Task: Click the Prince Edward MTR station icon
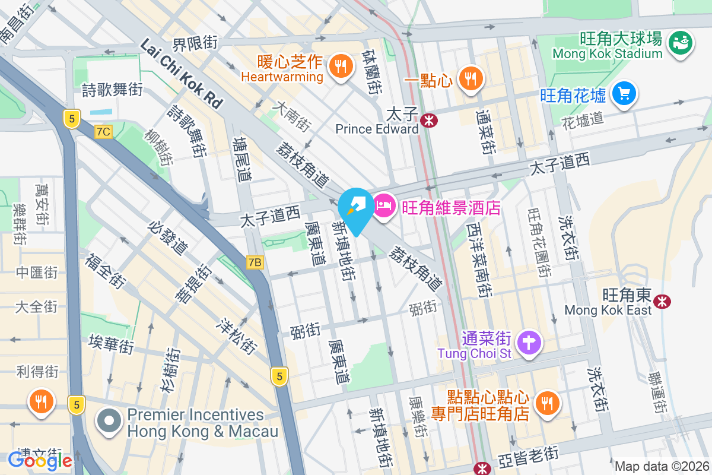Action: tap(428, 121)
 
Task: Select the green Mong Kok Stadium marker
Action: tap(681, 42)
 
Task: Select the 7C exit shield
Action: tap(103, 131)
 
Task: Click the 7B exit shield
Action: tap(255, 262)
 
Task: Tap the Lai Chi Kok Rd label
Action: tap(182, 74)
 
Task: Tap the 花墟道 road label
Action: tap(582, 119)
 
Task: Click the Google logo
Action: tap(40, 460)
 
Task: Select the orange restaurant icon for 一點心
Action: tap(471, 77)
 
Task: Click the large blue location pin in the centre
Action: tap(356, 208)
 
